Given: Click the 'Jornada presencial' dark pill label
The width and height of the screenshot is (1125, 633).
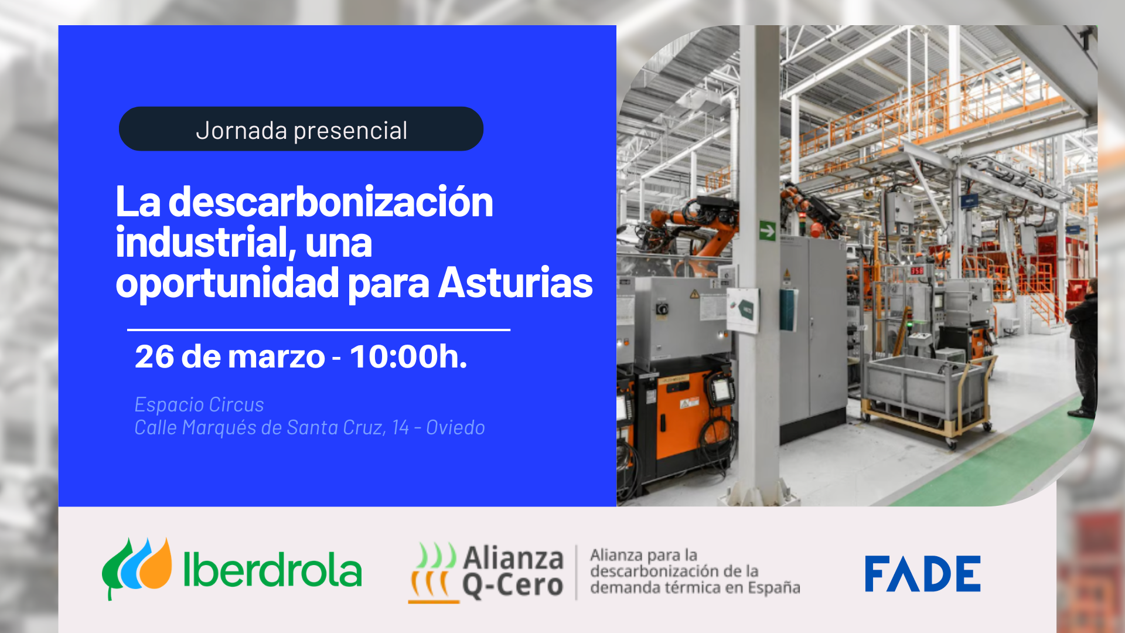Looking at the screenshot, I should coord(301,129).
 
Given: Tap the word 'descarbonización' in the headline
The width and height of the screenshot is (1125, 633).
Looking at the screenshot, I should coord(330,202).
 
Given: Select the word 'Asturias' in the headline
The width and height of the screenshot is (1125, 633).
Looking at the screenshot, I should coord(515,283).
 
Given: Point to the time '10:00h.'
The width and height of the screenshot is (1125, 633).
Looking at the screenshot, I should coord(408,356).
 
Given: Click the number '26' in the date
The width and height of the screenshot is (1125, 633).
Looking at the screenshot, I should coord(154,356).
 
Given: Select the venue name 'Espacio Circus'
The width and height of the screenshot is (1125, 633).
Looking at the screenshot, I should coord(199,405).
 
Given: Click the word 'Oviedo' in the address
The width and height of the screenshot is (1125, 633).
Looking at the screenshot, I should coord(455,428).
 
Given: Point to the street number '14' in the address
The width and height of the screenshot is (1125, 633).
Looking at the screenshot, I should coord(401,428).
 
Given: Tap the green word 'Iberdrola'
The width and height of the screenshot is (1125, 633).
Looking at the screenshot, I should coord(272,570).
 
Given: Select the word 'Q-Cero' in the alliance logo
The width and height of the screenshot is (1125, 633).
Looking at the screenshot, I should coord(513,586).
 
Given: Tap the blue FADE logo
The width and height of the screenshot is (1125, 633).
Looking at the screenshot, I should coord(922,574).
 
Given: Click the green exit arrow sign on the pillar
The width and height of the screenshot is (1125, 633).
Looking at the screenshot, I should coord(768,231).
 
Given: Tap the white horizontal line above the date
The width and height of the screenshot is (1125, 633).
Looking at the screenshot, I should coord(319,330).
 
